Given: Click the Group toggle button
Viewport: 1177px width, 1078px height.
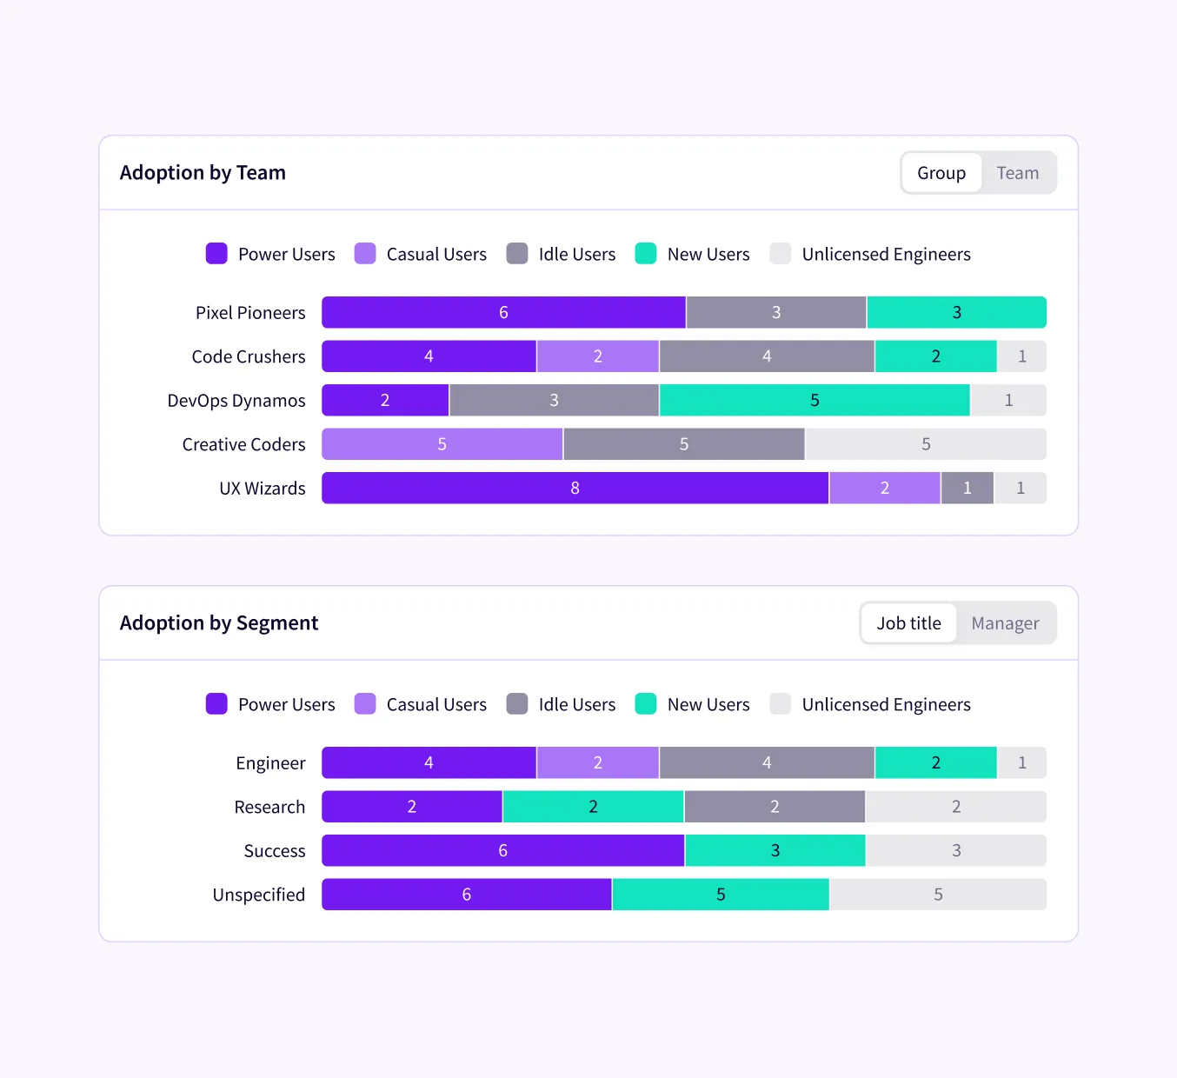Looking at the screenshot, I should coord(941,173).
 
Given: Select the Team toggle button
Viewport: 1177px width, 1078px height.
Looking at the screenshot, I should coord(1017,173).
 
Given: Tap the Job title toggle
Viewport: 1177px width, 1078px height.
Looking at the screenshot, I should coord(908,623).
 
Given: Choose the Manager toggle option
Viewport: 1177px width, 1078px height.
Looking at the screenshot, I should coord(1005,623).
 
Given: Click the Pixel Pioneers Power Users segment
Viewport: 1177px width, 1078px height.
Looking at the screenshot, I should coord(503,313).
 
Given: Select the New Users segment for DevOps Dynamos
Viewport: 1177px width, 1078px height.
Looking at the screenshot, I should coord(815,401).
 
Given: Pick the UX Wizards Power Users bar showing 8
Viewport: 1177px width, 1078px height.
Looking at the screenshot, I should coord(575,489).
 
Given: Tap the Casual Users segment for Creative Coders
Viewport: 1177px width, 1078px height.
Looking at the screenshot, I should coord(442,444).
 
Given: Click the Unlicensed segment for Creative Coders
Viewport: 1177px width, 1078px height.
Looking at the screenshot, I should coord(926,444).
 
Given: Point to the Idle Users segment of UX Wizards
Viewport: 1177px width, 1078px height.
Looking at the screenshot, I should coord(967,489).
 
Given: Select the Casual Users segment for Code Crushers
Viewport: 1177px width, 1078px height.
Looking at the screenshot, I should coord(597,356).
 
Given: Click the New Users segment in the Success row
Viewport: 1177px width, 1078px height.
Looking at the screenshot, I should coord(775,851).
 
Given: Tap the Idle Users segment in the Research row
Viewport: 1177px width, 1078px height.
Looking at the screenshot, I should coord(774,807).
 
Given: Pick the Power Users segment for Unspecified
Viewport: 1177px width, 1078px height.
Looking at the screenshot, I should coord(466,895).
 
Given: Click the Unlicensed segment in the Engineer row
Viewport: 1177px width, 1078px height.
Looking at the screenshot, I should coord(1022,763).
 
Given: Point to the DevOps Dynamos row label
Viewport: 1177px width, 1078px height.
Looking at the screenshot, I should coord(236,401).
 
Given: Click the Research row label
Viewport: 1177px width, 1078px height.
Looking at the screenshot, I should coord(269,807).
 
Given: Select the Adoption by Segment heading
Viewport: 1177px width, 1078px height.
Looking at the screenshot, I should coord(219,623).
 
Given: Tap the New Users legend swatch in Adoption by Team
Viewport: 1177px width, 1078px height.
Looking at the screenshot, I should coord(646,254).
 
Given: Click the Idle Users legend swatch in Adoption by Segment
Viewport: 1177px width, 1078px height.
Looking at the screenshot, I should coord(517,704).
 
